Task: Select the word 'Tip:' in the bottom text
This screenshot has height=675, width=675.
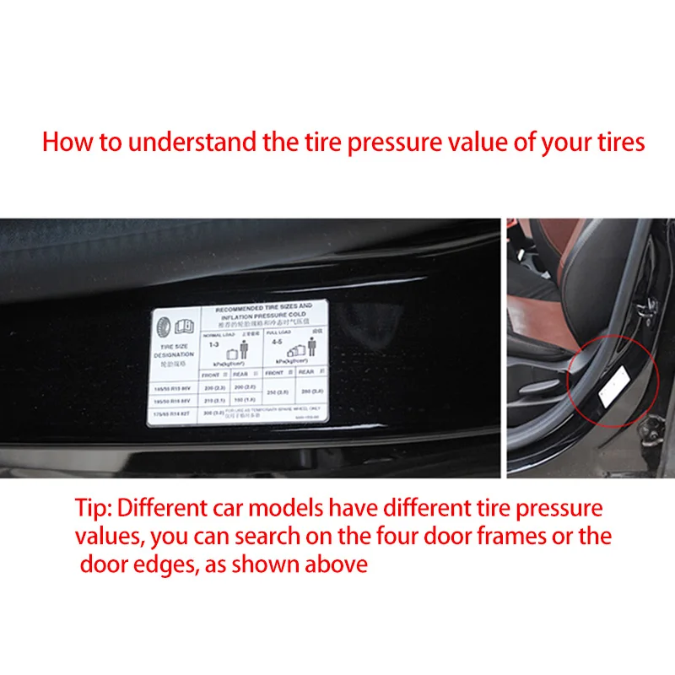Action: (92, 509)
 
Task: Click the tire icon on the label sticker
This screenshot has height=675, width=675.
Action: (164, 325)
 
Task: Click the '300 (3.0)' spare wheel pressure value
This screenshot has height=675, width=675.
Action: (213, 413)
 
